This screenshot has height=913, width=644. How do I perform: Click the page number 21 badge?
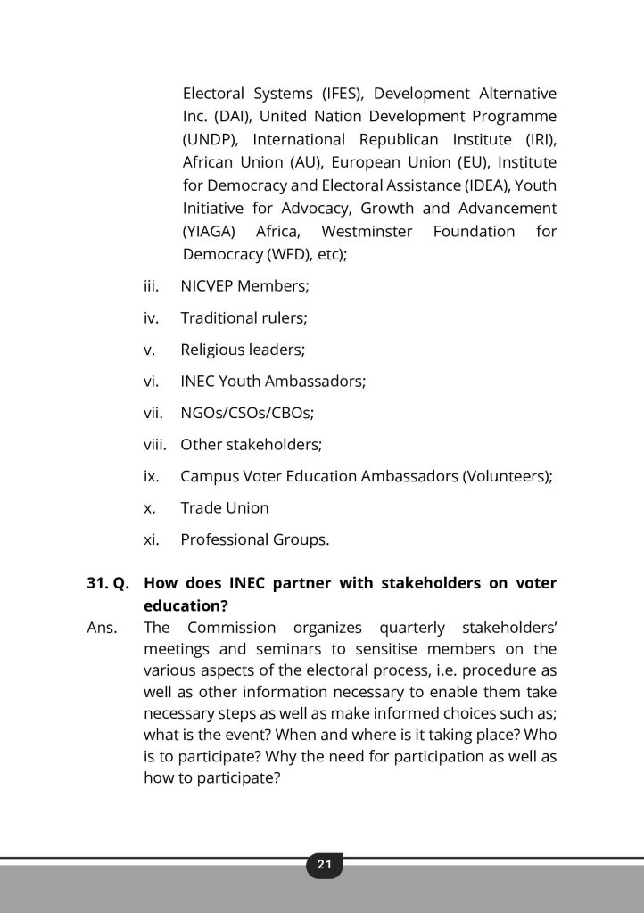click(x=324, y=864)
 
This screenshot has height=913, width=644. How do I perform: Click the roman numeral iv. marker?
click(x=151, y=317)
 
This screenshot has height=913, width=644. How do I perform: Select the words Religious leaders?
click(x=236, y=350)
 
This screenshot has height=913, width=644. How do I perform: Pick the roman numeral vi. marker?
click(x=151, y=381)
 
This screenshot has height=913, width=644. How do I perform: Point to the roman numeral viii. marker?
click(x=155, y=444)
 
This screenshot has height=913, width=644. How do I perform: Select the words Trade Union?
click(x=224, y=507)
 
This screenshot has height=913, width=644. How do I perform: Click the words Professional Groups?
click(x=254, y=539)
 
